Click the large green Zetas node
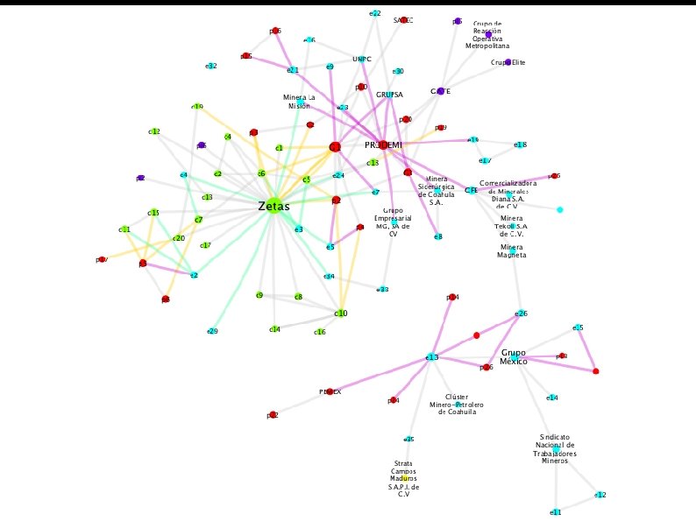274,208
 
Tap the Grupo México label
514,356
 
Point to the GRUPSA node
389,95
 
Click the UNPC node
362,60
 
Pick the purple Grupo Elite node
508,62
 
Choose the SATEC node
403,19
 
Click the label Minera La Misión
298,101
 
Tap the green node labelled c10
341,313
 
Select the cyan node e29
212,331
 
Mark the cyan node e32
211,67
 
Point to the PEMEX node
330,392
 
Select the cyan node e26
522,313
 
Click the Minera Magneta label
512,252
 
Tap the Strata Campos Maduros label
404,479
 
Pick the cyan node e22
375,13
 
